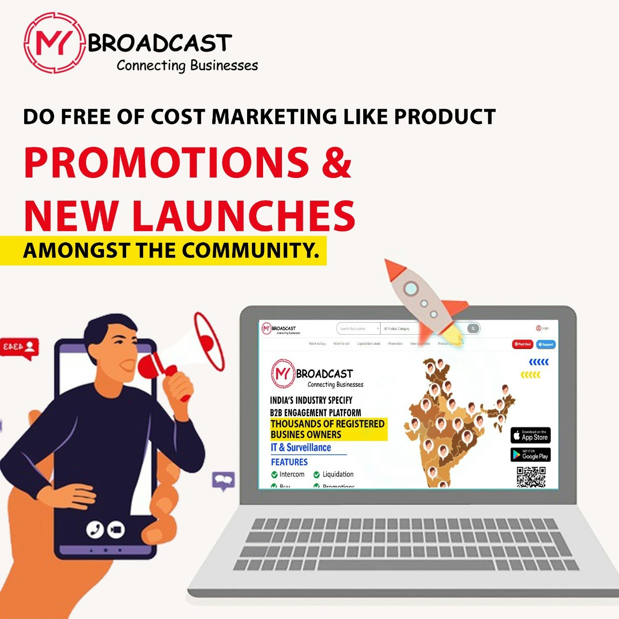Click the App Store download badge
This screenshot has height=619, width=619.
pyautogui.click(x=531, y=435)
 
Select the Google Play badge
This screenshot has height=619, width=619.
pyautogui.click(x=531, y=455)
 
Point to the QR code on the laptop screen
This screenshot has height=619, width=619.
pyautogui.click(x=531, y=477)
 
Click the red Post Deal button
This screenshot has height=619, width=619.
pyautogui.click(x=522, y=344)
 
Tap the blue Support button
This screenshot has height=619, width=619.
pyautogui.click(x=546, y=344)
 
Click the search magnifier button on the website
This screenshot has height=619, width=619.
pyautogui.click(x=473, y=329)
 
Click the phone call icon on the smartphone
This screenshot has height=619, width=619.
pyautogui.click(x=95, y=530)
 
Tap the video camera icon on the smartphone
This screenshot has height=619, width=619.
pyautogui.click(x=116, y=530)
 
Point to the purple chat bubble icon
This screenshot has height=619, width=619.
pyautogui.click(x=223, y=481)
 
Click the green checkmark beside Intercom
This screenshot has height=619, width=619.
pyautogui.click(x=274, y=475)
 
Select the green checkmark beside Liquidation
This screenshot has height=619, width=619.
pyautogui.click(x=317, y=475)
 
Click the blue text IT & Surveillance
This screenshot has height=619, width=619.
pyautogui.click(x=301, y=448)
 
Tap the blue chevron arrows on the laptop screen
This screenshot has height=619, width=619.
pyautogui.click(x=539, y=362)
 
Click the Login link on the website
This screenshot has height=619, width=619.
pyautogui.click(x=542, y=328)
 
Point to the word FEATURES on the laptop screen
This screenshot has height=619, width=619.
pyautogui.click(x=289, y=462)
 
